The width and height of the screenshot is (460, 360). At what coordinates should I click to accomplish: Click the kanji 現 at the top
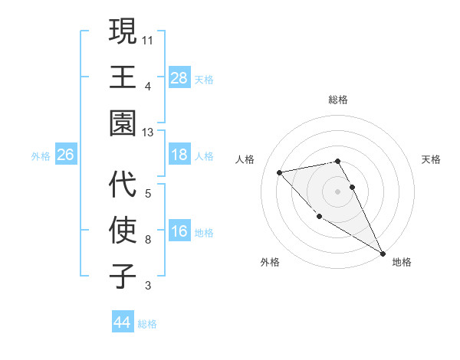point(123,32)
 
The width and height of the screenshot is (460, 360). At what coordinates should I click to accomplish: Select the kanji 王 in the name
point(123,77)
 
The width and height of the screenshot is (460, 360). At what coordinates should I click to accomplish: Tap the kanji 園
point(123,123)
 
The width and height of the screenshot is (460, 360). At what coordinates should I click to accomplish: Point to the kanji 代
point(123,185)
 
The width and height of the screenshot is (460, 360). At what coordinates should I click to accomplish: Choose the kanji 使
point(123,231)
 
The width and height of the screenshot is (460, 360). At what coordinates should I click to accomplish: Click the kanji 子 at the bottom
point(123,276)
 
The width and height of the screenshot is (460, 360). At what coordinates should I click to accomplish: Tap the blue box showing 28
point(179,77)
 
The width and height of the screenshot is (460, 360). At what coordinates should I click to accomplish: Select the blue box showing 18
point(179,155)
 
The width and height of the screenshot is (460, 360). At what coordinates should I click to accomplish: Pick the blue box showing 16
point(179,231)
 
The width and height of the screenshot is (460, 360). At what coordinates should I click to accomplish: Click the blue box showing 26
point(65,155)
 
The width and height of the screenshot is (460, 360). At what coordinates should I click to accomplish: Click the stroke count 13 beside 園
point(147,133)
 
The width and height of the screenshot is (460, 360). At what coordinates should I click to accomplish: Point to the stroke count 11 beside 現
point(147,38)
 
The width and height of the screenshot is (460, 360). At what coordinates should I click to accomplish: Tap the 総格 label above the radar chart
point(338,100)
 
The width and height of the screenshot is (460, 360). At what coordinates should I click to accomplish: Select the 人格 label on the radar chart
point(246,159)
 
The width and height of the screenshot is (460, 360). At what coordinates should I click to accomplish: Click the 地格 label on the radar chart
point(402,262)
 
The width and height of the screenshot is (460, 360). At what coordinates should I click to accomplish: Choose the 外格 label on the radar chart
point(270,262)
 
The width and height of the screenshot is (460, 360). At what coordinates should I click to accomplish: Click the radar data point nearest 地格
point(383,254)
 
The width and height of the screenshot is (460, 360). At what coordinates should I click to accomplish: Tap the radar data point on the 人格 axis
point(280,172)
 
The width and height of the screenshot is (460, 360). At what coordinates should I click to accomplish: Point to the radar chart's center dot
point(338,191)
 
